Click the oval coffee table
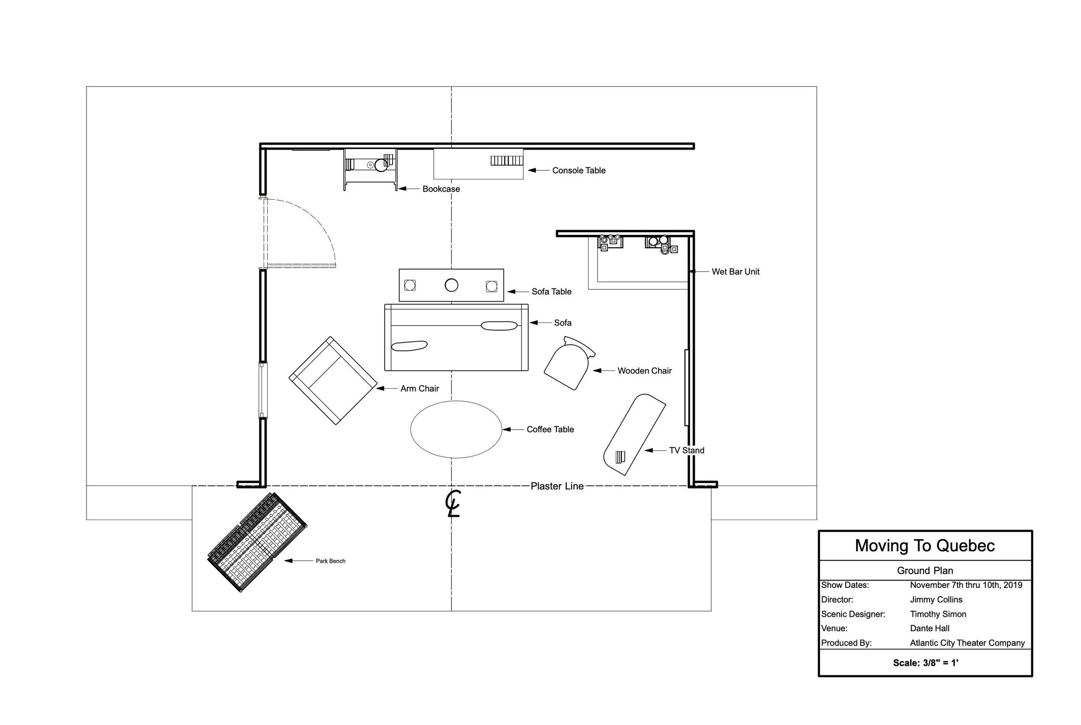[x=456, y=429]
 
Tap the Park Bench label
[x=331, y=561]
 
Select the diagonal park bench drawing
[x=257, y=542]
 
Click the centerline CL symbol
[x=453, y=503]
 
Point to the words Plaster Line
[x=557, y=486]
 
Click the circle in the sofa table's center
[x=451, y=285]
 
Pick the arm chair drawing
[x=333, y=380]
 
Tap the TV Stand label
[x=687, y=450]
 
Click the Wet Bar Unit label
[x=736, y=272]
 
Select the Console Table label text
[x=579, y=171]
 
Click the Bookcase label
[x=441, y=189]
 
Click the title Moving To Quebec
[x=925, y=546]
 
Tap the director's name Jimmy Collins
[x=936, y=600]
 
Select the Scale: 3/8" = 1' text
[x=926, y=663]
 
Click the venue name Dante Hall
[x=930, y=628]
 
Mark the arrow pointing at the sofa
[x=540, y=323]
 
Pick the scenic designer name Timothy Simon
[x=938, y=614]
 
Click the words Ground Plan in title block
[x=925, y=571]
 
